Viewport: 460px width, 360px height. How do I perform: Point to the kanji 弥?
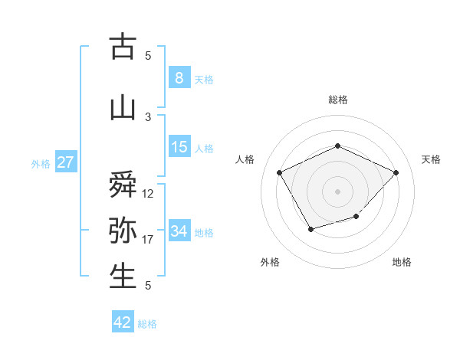[x=123, y=230]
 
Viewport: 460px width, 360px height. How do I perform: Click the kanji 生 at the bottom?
[x=123, y=276]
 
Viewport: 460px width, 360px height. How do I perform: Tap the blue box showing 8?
[x=179, y=78]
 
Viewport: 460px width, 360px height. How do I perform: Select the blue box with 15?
[x=179, y=147]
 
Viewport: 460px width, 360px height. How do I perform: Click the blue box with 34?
[x=179, y=231]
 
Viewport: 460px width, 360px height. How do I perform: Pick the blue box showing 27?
[x=65, y=162]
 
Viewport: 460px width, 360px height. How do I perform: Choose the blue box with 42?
[x=123, y=322]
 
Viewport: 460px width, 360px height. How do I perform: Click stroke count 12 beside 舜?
[x=148, y=194]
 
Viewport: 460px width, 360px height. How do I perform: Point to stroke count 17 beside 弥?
[x=148, y=240]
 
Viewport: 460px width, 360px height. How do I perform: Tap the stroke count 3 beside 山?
[x=148, y=116]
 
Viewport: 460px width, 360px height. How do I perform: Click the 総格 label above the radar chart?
[x=337, y=100]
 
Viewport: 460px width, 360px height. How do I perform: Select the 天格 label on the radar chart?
[x=431, y=159]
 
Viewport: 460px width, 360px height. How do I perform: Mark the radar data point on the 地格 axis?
[x=356, y=218]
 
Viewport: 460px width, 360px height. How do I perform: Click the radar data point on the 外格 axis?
[x=310, y=228]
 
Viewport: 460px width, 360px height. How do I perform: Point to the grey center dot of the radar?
[x=337, y=191]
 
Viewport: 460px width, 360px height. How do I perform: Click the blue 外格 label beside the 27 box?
[x=40, y=163]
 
